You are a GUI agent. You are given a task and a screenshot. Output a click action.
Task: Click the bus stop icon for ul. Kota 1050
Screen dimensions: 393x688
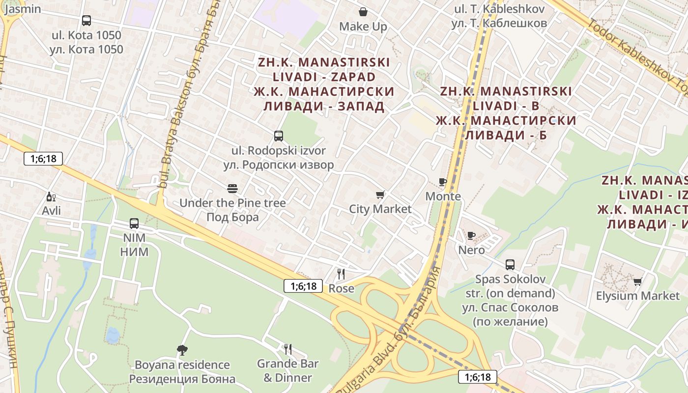click(86, 21)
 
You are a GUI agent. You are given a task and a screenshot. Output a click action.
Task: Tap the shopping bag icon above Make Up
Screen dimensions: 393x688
click(363, 12)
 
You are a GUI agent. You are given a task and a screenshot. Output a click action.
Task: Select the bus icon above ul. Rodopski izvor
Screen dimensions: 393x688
click(279, 136)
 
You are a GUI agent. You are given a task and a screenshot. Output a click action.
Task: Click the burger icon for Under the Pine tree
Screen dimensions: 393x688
click(232, 189)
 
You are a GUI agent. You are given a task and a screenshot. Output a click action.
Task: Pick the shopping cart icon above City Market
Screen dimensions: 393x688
click(380, 195)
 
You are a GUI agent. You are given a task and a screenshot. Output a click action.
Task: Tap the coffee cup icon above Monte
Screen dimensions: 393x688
click(443, 182)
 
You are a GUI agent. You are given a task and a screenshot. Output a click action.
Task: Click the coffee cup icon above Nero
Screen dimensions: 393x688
click(471, 236)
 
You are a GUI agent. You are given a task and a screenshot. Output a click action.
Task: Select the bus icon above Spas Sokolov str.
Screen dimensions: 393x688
click(510, 265)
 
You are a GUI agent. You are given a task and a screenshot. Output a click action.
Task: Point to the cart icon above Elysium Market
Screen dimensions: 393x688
click(637, 281)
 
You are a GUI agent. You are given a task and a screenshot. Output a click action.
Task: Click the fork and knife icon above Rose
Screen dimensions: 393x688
click(341, 274)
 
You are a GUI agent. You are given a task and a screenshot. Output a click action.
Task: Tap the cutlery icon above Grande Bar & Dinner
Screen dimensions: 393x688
click(288, 349)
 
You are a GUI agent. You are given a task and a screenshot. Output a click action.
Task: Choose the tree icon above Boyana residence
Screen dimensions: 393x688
click(182, 350)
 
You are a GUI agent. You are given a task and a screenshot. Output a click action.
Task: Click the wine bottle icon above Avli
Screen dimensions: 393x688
click(51, 197)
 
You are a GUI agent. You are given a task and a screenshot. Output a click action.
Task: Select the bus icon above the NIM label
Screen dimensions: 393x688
click(134, 224)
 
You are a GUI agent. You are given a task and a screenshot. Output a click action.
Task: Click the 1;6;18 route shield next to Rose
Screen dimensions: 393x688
click(303, 286)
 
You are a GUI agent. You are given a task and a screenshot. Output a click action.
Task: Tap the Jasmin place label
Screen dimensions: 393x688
click(23, 9)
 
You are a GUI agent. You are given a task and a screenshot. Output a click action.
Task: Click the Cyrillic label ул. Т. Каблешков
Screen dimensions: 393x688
click(499, 23)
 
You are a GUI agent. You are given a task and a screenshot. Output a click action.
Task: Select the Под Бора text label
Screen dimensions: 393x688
click(232, 217)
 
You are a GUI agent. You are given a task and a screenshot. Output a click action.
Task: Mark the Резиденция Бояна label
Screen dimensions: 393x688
click(182, 379)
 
